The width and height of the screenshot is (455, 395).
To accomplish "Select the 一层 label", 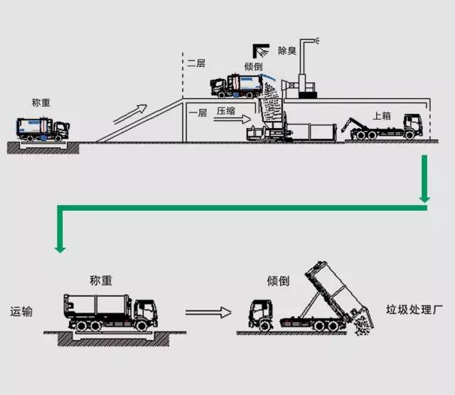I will click(198, 112).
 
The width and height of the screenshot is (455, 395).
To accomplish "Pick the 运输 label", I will click(21, 312).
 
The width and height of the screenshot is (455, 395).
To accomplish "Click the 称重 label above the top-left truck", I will click(41, 102).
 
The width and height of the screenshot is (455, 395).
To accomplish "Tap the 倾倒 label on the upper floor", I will click(254, 66).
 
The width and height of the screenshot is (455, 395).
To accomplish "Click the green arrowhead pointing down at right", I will click(424, 196).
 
